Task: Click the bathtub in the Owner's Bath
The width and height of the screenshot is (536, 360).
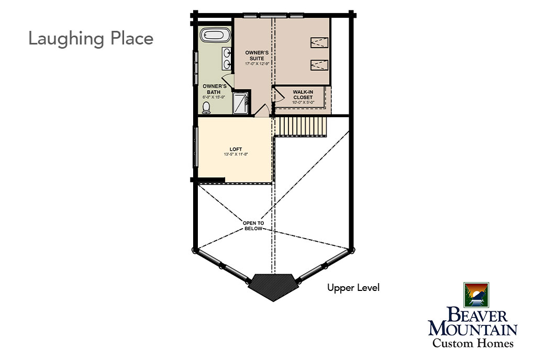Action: pos(212,35)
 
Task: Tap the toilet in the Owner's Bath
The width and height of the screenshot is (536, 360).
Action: pos(206,107)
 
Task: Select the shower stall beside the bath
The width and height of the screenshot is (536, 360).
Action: pos(241,103)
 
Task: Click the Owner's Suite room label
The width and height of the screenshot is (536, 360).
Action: pos(256,55)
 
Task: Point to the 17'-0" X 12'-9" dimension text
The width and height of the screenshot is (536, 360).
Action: pos(257,64)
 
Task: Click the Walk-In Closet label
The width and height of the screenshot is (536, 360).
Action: pos(303,95)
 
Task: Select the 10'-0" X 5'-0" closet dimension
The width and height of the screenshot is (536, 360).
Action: pos(303,102)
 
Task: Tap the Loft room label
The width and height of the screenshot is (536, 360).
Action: pos(236,149)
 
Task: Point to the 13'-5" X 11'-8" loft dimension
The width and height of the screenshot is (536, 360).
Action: pos(236,154)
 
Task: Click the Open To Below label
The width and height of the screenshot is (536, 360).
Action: pos(253,226)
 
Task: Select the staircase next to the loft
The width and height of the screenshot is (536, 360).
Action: pos(301,127)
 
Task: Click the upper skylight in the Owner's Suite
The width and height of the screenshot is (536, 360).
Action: pos(319,42)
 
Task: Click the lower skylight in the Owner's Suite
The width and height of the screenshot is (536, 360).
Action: pos(319,65)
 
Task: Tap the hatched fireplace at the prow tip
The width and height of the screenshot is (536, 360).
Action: pos(272,286)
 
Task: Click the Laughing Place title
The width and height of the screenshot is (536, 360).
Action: pos(91,39)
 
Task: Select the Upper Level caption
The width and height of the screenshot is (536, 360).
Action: pos(353,288)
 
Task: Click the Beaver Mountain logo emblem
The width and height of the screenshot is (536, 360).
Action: pos(476,295)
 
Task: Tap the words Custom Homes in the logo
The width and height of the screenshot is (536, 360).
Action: pos(473,343)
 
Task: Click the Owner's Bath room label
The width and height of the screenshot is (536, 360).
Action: pos(214,89)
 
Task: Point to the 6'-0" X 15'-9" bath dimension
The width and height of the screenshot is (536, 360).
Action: pos(214,97)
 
